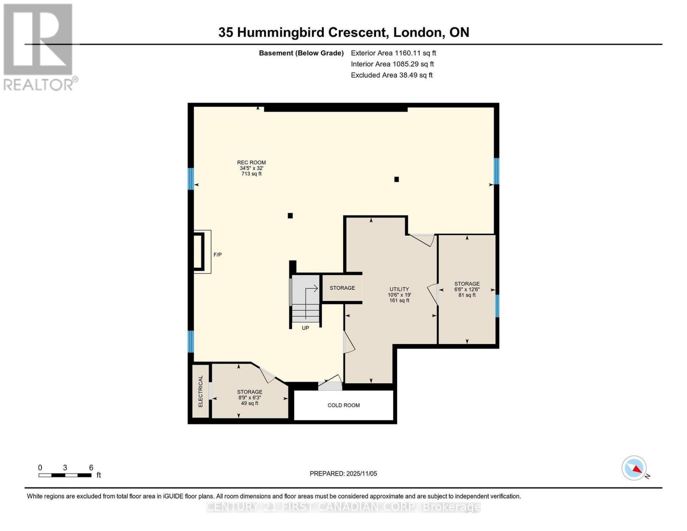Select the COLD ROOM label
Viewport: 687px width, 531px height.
(x=343, y=405)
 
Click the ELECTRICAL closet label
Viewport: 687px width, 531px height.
(x=200, y=391)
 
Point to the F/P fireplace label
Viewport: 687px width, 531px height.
(x=217, y=255)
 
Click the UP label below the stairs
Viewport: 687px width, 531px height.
(x=305, y=328)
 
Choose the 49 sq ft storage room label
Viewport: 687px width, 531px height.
(x=249, y=397)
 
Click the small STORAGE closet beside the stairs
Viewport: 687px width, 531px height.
(x=342, y=288)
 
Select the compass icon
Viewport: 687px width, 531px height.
(x=634, y=468)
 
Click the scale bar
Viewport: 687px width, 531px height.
(x=65, y=475)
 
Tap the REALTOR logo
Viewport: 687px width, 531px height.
(x=39, y=46)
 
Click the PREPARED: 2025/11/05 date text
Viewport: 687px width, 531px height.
(x=343, y=473)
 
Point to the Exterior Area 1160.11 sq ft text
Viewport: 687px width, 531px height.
(x=393, y=53)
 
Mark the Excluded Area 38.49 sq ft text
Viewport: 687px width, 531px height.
(x=391, y=75)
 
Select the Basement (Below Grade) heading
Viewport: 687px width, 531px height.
(x=301, y=53)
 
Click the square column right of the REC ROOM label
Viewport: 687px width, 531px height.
(x=396, y=179)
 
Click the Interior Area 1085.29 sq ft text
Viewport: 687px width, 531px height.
(x=392, y=64)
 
